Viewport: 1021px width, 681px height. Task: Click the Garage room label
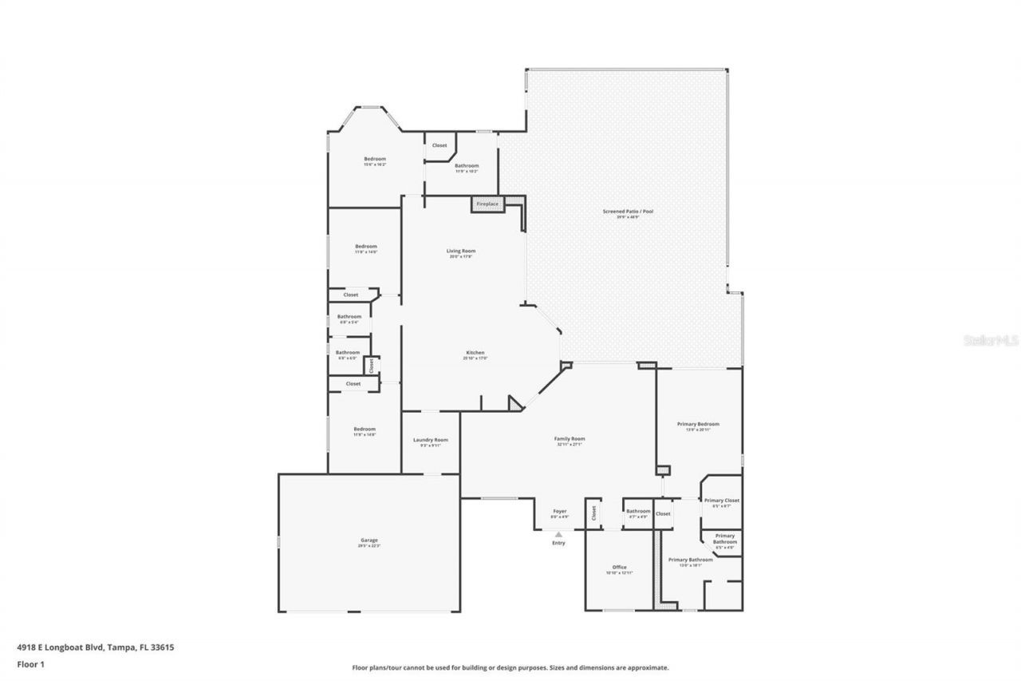(369, 540)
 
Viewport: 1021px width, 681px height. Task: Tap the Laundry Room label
(430, 440)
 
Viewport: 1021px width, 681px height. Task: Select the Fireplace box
(487, 204)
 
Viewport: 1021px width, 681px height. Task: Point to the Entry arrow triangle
(558, 534)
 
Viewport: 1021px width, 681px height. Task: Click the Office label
(619, 568)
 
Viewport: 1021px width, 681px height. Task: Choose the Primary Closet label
(721, 501)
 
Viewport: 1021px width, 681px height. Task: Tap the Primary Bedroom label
(698, 424)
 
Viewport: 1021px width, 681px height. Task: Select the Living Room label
(461, 251)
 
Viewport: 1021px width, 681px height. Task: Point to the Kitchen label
(475, 353)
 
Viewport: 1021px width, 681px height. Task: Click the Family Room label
(570, 439)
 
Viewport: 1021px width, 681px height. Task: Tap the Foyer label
(560, 512)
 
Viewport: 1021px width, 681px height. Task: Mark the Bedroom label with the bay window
(375, 159)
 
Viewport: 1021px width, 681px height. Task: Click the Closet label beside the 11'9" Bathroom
(440, 145)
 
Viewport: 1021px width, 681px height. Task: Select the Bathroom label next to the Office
(638, 512)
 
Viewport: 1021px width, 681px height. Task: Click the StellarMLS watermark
(991, 340)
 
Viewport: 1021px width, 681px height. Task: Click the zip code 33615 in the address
(163, 647)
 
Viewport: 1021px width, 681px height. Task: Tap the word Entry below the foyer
(558, 543)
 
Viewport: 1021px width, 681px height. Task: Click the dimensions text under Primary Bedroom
(698, 430)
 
